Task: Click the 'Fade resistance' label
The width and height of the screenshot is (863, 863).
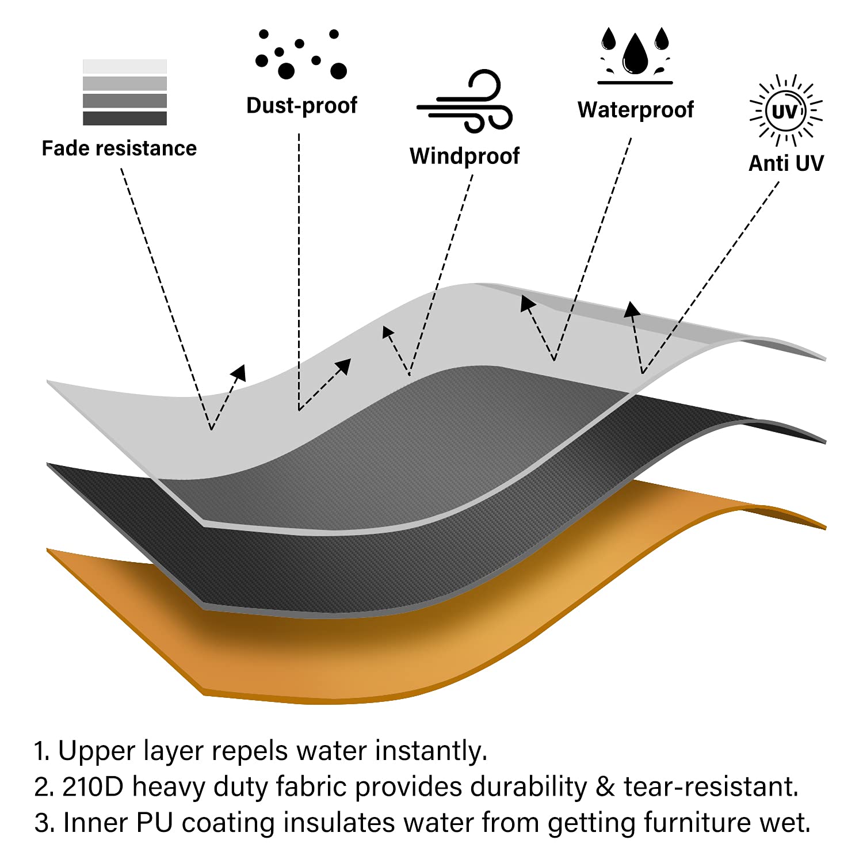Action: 119,148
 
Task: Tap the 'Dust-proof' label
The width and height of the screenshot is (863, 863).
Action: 301,105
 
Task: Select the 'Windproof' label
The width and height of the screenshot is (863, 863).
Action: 464,156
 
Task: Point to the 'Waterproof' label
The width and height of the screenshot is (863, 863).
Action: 635,109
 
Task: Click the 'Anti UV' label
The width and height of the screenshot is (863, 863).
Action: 786,163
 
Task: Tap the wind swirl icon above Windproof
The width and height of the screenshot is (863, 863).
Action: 464,102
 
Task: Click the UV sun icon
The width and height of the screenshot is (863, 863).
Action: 786,110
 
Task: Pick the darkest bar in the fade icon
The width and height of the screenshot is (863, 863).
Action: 125,119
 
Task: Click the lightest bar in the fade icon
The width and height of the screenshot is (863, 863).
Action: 125,66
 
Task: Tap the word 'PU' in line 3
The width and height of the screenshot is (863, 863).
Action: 155,822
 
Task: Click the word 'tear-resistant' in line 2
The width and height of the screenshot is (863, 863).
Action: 711,786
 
